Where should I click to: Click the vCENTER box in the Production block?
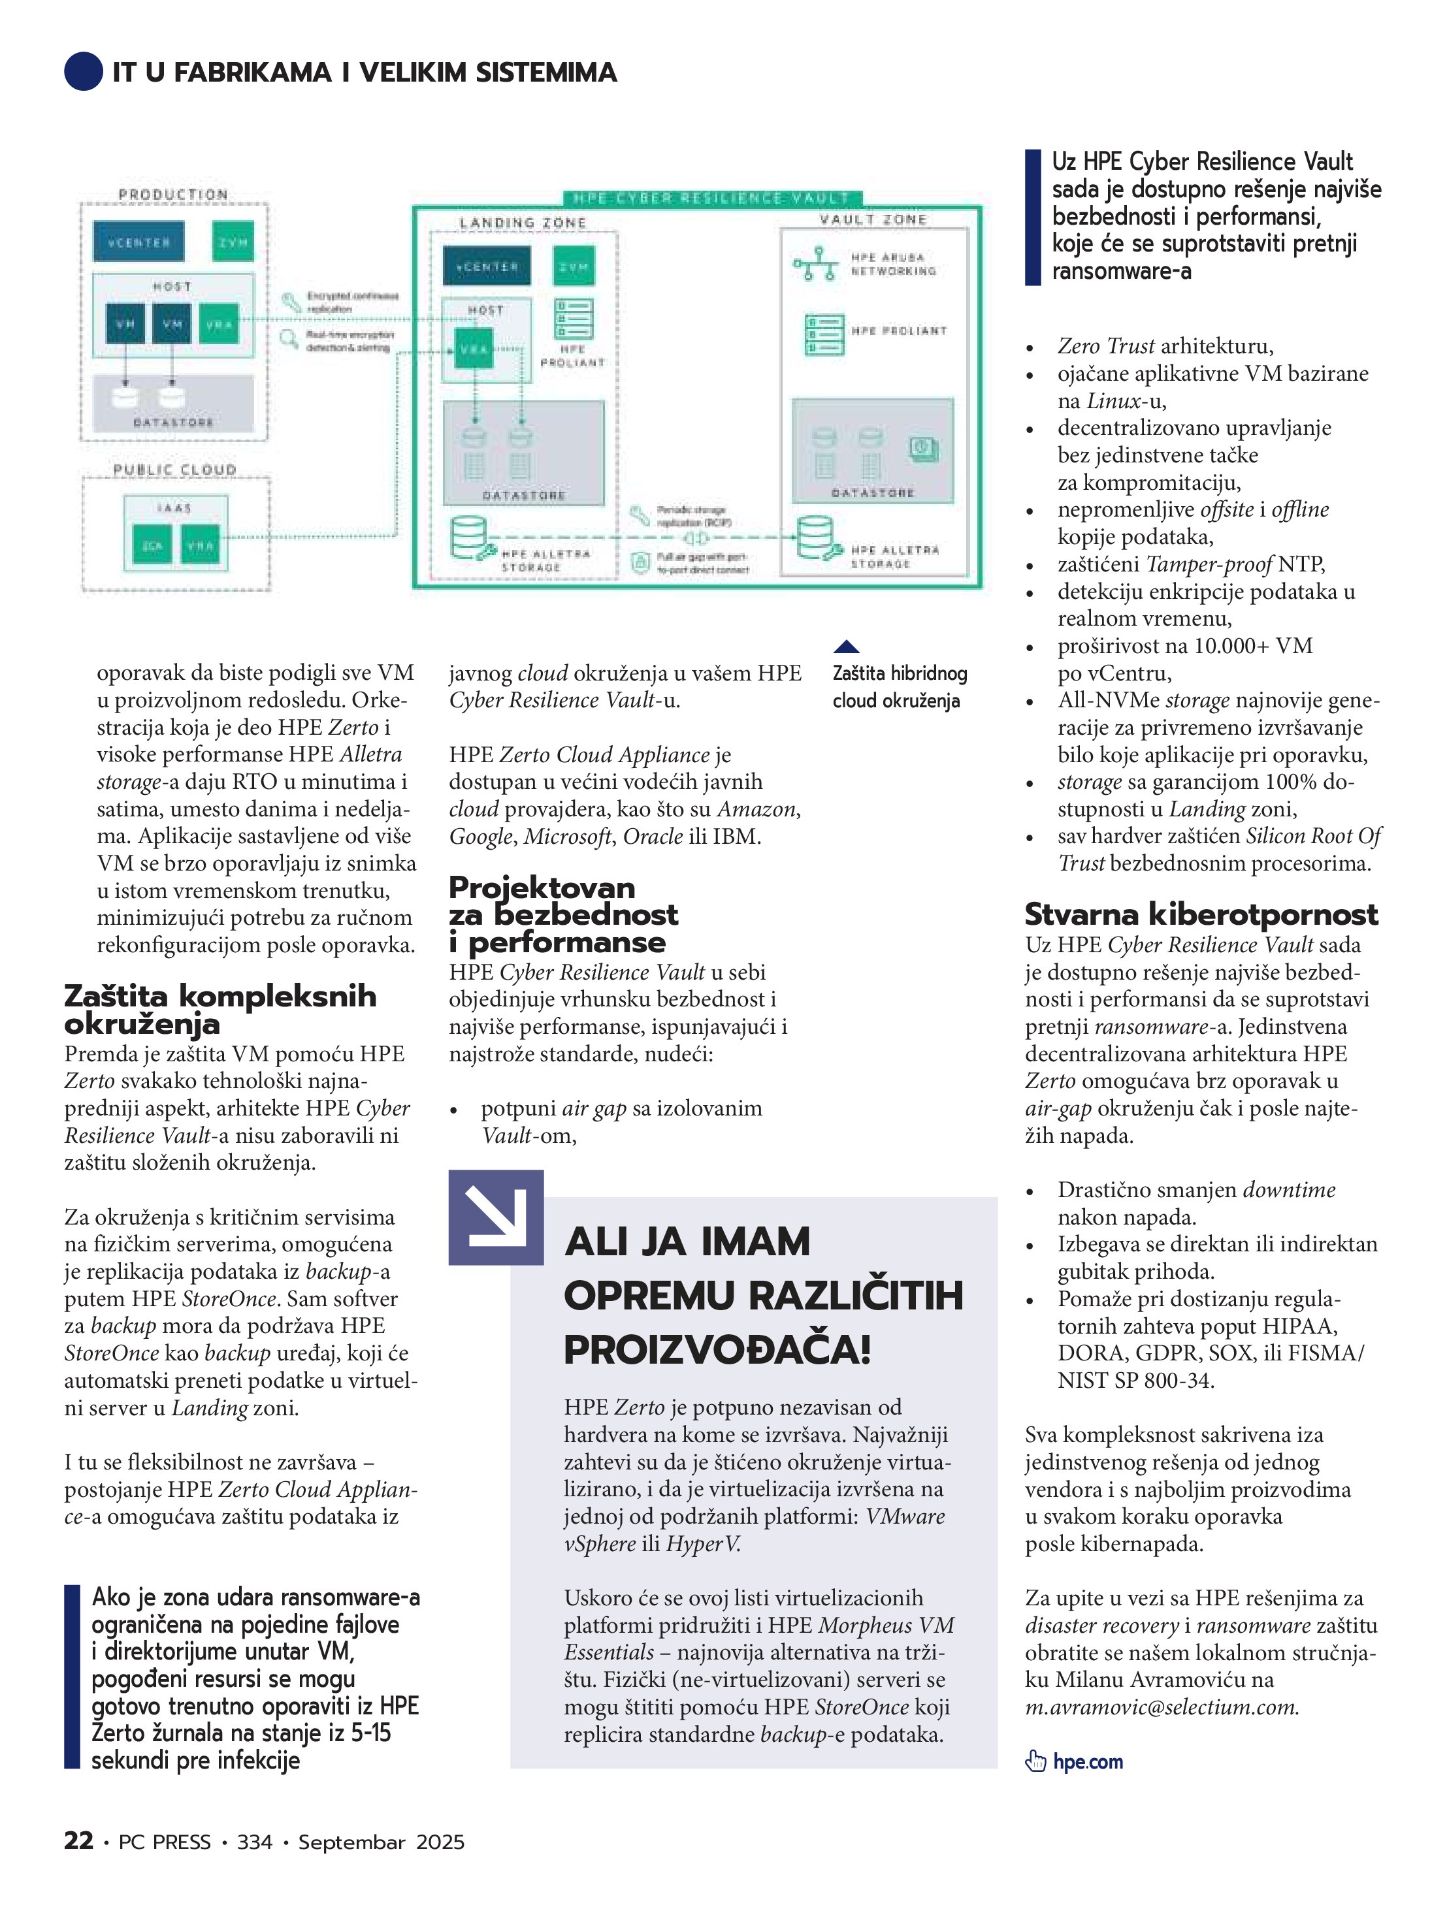pyautogui.click(x=138, y=242)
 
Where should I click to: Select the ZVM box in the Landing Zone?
pyautogui.click(x=574, y=266)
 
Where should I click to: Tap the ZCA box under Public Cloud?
pyautogui.click(x=152, y=545)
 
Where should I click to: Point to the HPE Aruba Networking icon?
pyautogui.click(x=815, y=264)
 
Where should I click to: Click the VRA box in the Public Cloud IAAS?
pyautogui.click(x=201, y=545)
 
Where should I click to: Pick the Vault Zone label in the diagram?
pyautogui.click(x=873, y=220)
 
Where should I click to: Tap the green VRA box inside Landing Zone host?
pyautogui.click(x=473, y=349)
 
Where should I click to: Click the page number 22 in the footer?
pyautogui.click(x=78, y=1841)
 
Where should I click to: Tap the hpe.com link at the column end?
pyautogui.click(x=1088, y=1761)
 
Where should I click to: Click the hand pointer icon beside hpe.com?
pyautogui.click(x=1035, y=1761)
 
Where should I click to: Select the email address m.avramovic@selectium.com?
pyautogui.click(x=1162, y=1707)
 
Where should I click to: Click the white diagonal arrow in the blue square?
pyautogui.click(x=496, y=1217)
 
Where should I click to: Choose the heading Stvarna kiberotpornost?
pyautogui.click(x=1201, y=914)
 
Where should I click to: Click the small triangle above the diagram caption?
pyautogui.click(x=846, y=647)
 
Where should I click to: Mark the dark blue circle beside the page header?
pyautogui.click(x=84, y=72)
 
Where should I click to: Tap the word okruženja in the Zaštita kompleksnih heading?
pyautogui.click(x=142, y=1025)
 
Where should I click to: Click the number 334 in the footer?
pyautogui.click(x=255, y=1842)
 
